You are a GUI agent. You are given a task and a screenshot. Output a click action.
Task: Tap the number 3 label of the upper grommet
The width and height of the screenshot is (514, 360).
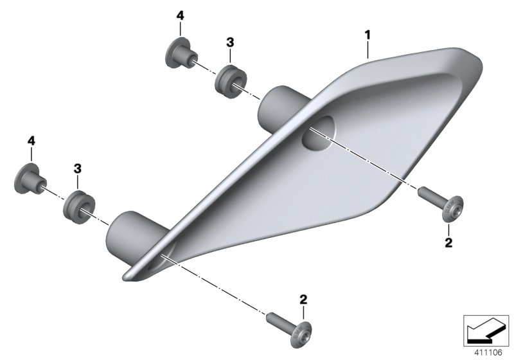[229, 42]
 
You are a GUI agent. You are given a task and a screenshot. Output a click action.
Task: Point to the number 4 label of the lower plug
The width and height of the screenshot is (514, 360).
[30, 139]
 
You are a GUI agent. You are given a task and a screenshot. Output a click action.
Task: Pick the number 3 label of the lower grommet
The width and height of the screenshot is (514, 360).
[76, 168]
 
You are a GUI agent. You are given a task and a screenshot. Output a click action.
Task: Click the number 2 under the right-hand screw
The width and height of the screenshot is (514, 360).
[448, 242]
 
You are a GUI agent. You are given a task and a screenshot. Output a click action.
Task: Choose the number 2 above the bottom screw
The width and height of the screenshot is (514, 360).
[303, 299]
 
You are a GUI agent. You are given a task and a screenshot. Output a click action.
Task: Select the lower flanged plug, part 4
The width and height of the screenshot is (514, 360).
[30, 179]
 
